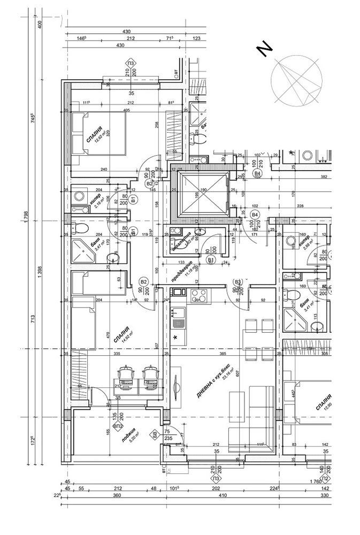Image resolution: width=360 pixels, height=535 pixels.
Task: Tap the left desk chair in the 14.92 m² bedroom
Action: [x=126, y=374]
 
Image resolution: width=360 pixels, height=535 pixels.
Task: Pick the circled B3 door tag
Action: [x=238, y=282]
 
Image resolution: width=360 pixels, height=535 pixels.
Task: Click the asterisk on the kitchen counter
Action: [x=175, y=337]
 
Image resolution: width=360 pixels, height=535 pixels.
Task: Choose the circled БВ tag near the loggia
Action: [x=155, y=433]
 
